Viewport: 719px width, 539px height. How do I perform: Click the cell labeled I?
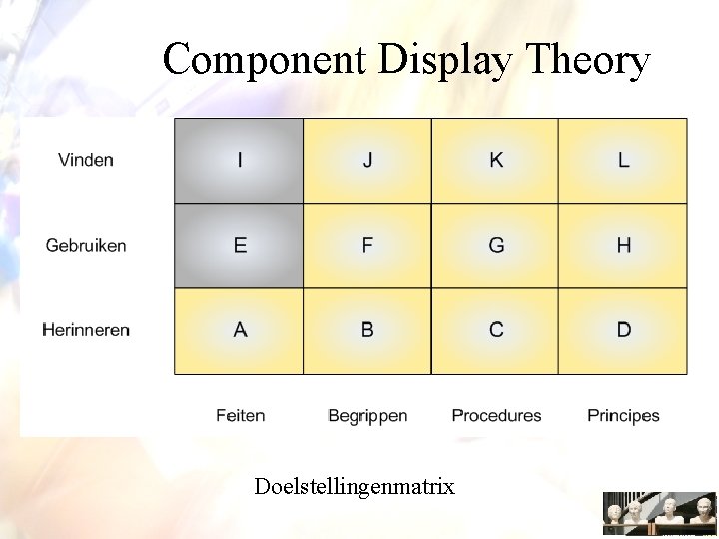(239, 161)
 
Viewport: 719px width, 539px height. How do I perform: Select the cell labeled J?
(367, 161)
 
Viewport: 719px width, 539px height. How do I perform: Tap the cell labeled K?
(495, 161)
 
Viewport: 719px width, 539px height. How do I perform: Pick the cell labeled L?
(623, 161)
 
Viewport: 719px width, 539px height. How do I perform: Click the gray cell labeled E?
(239, 246)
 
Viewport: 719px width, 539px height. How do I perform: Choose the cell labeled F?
(367, 246)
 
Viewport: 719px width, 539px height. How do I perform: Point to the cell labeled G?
(495, 246)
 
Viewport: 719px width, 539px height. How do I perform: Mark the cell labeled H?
(623, 246)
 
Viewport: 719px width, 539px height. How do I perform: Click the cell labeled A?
(239, 330)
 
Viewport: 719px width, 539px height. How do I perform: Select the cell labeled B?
(367, 330)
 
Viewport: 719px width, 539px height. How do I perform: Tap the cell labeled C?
(495, 330)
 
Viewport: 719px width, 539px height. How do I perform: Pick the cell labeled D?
(623, 330)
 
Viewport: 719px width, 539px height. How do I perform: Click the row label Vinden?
(86, 160)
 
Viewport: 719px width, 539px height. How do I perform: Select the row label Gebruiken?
(86, 246)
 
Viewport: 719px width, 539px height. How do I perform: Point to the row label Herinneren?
(86, 330)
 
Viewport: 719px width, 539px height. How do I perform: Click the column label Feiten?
(240, 415)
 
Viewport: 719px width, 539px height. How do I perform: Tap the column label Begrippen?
(367, 416)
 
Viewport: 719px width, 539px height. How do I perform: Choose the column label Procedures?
(496, 415)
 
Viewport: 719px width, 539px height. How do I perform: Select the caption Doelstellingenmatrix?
(355, 487)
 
